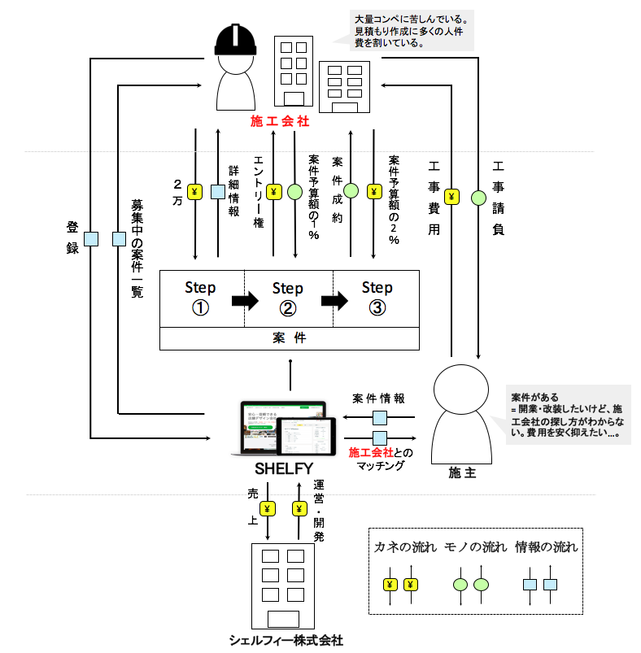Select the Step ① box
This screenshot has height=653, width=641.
200,298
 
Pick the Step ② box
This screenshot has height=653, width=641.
288,298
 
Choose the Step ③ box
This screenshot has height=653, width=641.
377,298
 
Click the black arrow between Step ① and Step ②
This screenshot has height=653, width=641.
244,301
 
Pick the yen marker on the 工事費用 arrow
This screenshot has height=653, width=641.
453,197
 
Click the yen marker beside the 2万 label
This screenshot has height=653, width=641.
195,193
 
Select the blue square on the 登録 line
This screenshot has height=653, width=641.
92,239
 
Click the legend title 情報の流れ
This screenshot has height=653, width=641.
546,547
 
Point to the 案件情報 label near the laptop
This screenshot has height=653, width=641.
380,399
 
